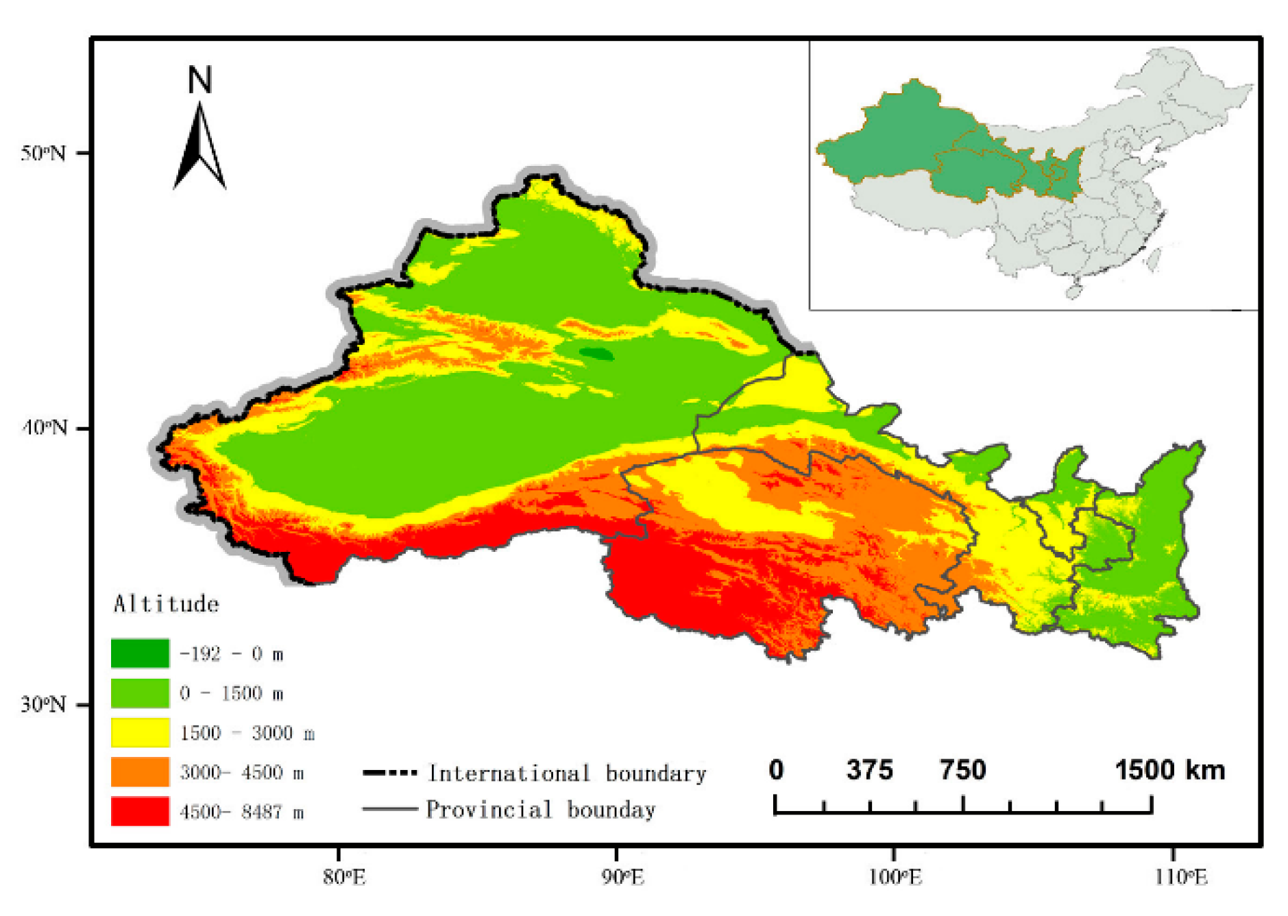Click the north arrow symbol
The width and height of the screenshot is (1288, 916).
199,147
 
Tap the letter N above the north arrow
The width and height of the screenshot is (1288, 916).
200,80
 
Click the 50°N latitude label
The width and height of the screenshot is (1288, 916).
44,153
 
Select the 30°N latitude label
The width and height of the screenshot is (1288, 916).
44,704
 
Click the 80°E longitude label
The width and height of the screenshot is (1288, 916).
344,876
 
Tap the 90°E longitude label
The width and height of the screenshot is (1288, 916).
622,876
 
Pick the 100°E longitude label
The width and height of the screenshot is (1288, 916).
895,876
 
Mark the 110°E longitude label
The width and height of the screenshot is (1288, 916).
1180,876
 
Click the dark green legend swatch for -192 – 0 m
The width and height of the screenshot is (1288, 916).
140,653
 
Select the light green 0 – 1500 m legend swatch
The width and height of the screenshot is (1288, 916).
140,693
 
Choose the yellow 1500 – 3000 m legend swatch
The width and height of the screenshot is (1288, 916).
140,732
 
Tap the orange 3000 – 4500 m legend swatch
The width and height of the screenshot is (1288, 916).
140,772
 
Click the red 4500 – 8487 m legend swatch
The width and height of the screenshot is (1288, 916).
140,811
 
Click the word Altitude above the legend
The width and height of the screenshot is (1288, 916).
166,604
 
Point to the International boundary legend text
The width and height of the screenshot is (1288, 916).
567,773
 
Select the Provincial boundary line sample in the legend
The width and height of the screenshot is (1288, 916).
389,810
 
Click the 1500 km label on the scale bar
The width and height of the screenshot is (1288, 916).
1169,770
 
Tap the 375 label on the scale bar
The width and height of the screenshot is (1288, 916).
869,770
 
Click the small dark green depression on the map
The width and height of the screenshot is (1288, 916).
596,354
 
